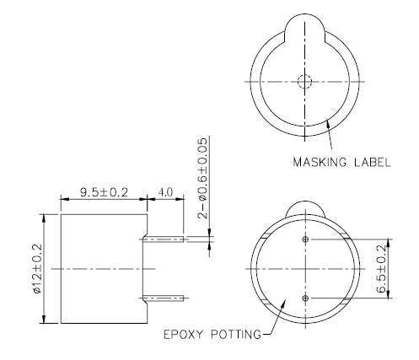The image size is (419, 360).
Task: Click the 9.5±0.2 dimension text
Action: (104, 192)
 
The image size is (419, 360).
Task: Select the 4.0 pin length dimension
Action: (166, 192)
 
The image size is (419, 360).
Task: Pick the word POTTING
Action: (234, 334)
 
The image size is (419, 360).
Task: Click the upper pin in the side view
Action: (166, 239)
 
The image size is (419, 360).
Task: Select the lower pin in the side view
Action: (166, 297)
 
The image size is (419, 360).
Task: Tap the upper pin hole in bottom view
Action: (305, 239)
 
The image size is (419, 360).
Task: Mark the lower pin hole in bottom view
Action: (305, 298)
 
